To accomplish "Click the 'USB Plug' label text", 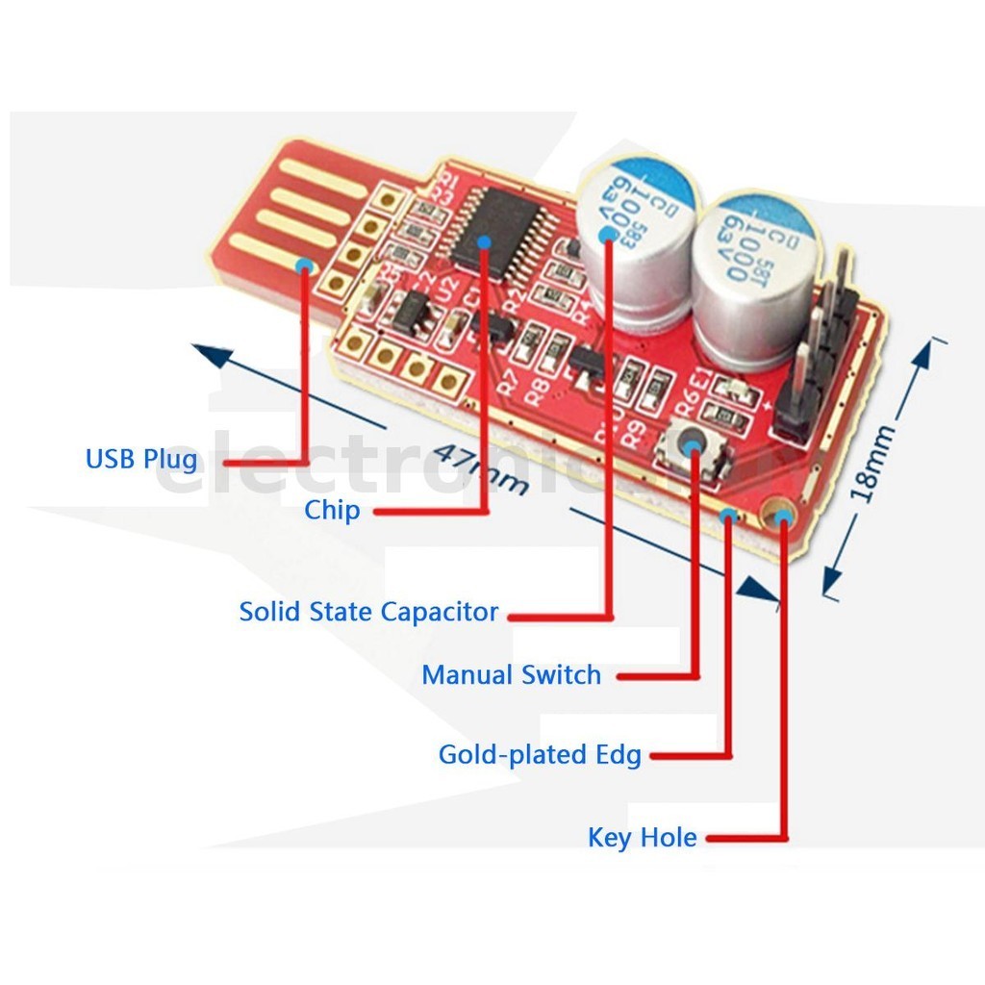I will (141, 459).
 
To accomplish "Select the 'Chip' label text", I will (332, 510).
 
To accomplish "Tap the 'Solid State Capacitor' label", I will (368, 612).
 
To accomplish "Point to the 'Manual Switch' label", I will (511, 675).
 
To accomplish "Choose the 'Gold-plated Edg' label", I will (540, 755).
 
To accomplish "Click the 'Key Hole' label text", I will (642, 838).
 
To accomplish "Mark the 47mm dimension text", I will (481, 467).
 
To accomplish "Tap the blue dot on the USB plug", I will (305, 265).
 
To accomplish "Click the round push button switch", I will (695, 444).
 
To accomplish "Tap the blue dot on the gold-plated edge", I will (729, 518).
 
